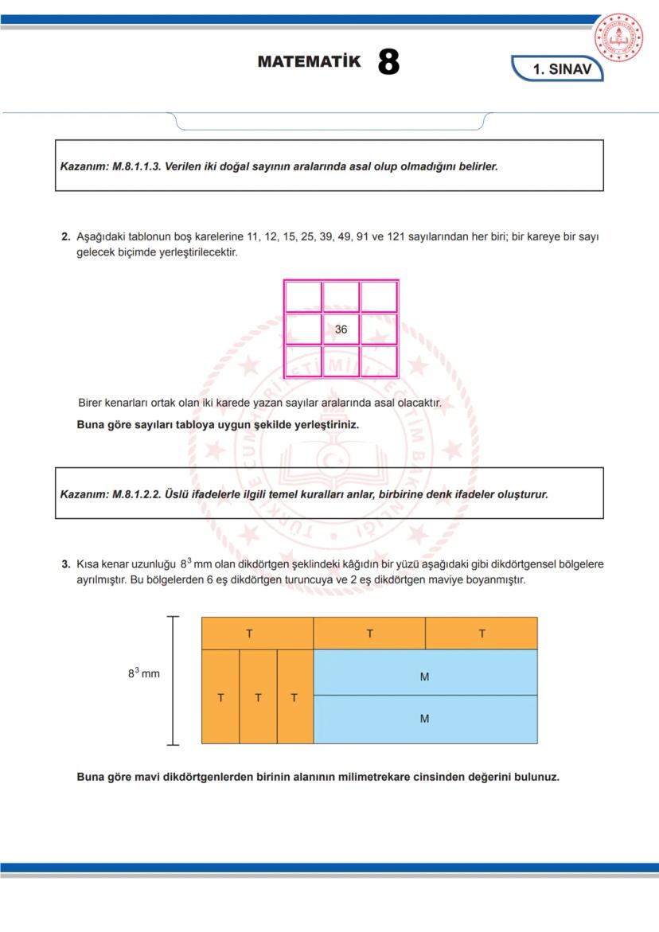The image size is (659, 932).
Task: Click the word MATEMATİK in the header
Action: point(309,62)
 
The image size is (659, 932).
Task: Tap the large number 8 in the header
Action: point(388,62)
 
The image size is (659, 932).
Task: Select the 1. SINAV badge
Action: point(561,69)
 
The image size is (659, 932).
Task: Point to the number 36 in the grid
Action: point(341,330)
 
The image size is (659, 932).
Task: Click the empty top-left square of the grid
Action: point(302,297)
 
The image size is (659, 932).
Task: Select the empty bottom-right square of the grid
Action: point(379,361)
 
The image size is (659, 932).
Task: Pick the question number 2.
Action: point(66,237)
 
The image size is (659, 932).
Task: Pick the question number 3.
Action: point(66,564)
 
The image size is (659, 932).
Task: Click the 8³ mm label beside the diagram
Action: point(143,673)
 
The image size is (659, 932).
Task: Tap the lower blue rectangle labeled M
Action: point(425,719)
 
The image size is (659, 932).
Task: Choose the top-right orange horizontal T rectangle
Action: point(482,634)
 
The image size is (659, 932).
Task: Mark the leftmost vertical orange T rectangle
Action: point(220,697)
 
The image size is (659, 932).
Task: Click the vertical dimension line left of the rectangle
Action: point(173,680)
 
